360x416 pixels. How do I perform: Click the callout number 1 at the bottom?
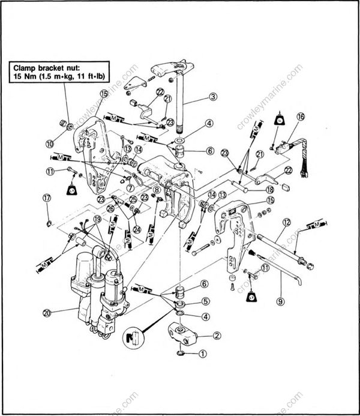click(x=202, y=355)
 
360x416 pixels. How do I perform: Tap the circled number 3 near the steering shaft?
click(x=212, y=96)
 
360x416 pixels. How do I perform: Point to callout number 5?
click(x=205, y=301)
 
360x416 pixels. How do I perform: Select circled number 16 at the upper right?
click(x=300, y=117)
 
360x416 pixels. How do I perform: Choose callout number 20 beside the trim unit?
click(x=47, y=312)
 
